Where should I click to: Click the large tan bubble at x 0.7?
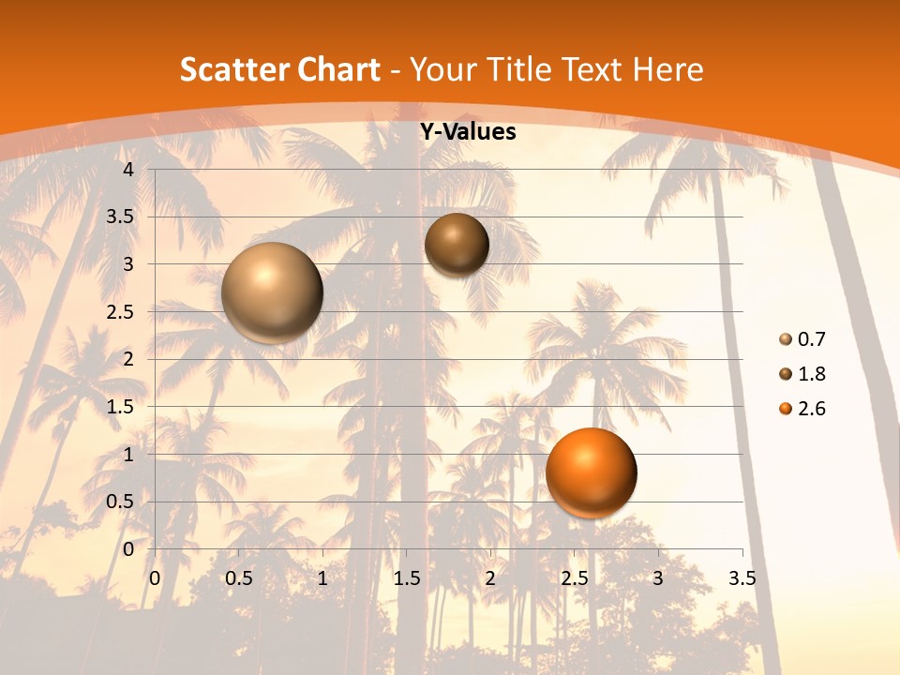click(x=272, y=292)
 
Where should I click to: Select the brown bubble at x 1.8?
click(x=457, y=245)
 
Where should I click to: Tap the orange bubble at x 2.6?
click(x=591, y=472)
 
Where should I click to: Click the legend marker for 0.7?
click(x=785, y=339)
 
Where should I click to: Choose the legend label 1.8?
click(x=811, y=374)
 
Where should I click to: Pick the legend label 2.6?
click(x=811, y=409)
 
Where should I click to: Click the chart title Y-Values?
click(x=467, y=132)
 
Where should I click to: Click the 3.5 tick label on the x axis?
click(x=742, y=578)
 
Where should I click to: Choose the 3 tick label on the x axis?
click(x=658, y=578)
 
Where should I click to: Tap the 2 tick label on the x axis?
click(x=490, y=578)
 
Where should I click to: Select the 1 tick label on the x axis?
click(x=322, y=578)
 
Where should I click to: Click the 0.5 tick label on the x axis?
click(x=239, y=578)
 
